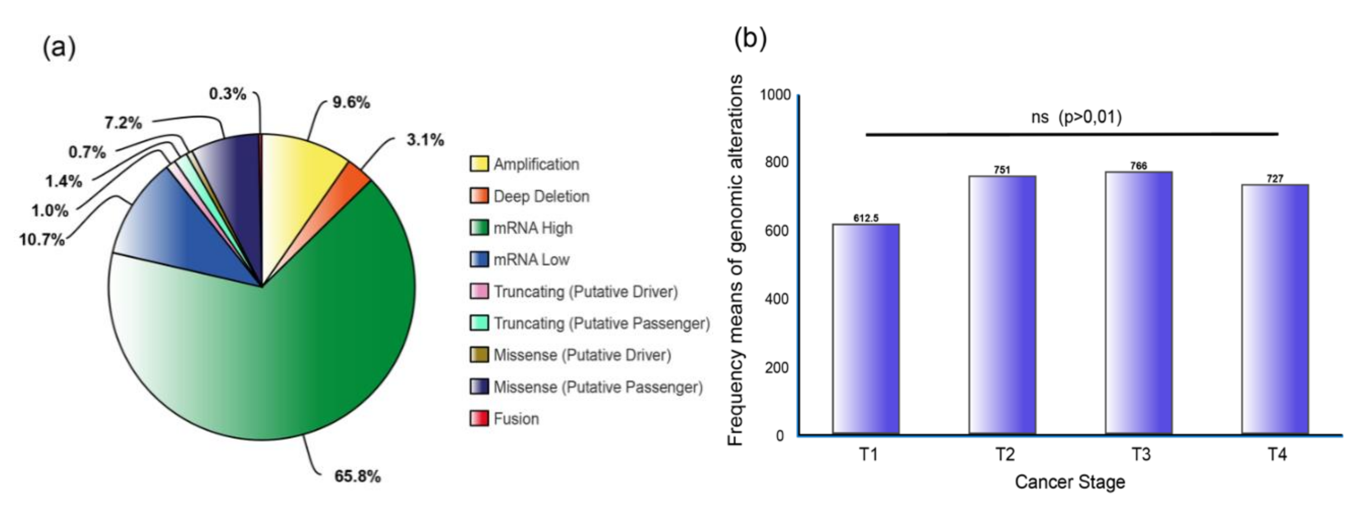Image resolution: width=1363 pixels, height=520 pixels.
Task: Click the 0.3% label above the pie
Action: click(x=228, y=94)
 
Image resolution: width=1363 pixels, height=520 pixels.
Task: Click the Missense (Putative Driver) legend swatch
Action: click(x=479, y=355)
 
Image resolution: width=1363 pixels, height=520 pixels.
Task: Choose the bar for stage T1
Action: click(x=866, y=328)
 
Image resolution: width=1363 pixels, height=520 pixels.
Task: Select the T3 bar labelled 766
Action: click(x=1139, y=301)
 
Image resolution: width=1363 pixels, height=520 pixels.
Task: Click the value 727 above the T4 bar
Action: click(x=1275, y=179)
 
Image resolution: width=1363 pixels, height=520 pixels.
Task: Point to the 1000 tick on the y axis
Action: click(x=775, y=95)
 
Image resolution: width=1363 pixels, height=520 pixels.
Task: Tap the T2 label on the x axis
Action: click(x=1004, y=454)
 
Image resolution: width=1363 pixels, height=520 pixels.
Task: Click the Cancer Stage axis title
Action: click(x=1070, y=482)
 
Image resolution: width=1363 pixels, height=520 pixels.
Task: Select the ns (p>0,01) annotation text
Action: click(x=1076, y=117)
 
